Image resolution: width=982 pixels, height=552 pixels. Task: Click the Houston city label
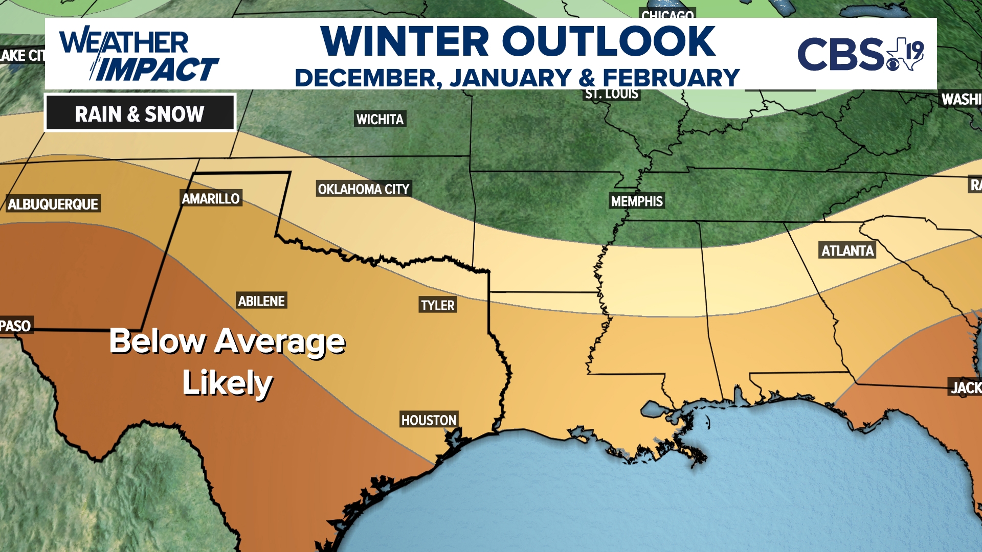pyautogui.click(x=429, y=420)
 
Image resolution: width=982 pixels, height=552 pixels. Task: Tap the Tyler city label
pyautogui.click(x=437, y=305)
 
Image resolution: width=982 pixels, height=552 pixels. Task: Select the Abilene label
pyautogui.click(x=261, y=301)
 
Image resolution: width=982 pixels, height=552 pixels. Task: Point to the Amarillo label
pyautogui.click(x=211, y=198)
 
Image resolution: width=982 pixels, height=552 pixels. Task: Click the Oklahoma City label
pyautogui.click(x=364, y=189)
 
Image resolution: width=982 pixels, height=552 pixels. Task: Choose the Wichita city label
pyautogui.click(x=380, y=119)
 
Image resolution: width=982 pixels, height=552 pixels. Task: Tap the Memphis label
pyautogui.click(x=637, y=201)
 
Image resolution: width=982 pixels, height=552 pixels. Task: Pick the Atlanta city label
pyautogui.click(x=847, y=250)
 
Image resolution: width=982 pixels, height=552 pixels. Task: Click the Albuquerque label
pyautogui.click(x=53, y=204)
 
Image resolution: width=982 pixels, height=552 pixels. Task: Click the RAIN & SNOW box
pyautogui.click(x=140, y=113)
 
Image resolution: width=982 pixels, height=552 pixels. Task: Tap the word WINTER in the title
pyautogui.click(x=405, y=42)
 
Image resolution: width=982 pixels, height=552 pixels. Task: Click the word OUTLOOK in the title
pyautogui.click(x=608, y=42)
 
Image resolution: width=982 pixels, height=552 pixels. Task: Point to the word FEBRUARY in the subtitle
pyautogui.click(x=671, y=78)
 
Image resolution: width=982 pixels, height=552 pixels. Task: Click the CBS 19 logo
pyautogui.click(x=860, y=54)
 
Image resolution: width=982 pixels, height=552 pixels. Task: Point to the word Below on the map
pyautogui.click(x=157, y=341)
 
